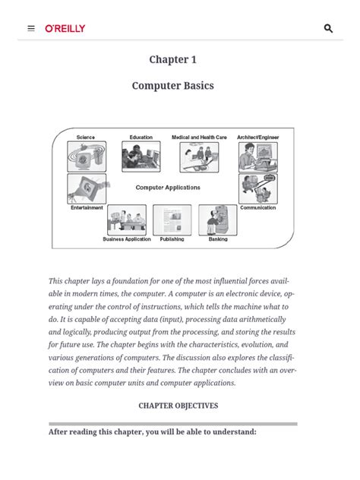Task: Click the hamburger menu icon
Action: pyautogui.click(x=31, y=29)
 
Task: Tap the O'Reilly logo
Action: pyautogui.click(x=65, y=29)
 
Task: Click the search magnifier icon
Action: pyautogui.click(x=328, y=29)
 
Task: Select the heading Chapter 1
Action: pyautogui.click(x=172, y=60)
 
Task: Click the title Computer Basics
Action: pyautogui.click(x=172, y=86)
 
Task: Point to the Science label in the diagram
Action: pyautogui.click(x=86, y=137)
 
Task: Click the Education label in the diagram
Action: pyautogui.click(x=141, y=137)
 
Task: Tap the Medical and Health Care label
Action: pyautogui.click(x=199, y=137)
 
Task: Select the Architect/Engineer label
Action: pyautogui.click(x=257, y=137)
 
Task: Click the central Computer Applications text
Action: pyautogui.click(x=168, y=188)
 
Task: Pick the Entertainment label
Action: pyautogui.click(x=87, y=207)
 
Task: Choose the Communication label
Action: pyautogui.click(x=257, y=207)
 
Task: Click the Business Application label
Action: pyautogui.click(x=127, y=239)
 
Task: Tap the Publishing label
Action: pyautogui.click(x=172, y=239)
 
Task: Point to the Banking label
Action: pyautogui.click(x=218, y=239)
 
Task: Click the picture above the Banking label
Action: pyautogui.click(x=217, y=220)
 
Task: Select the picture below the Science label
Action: pyautogui.click(x=87, y=156)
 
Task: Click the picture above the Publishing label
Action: pyautogui.click(x=172, y=220)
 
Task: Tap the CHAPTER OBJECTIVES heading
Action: pyautogui.click(x=178, y=406)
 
